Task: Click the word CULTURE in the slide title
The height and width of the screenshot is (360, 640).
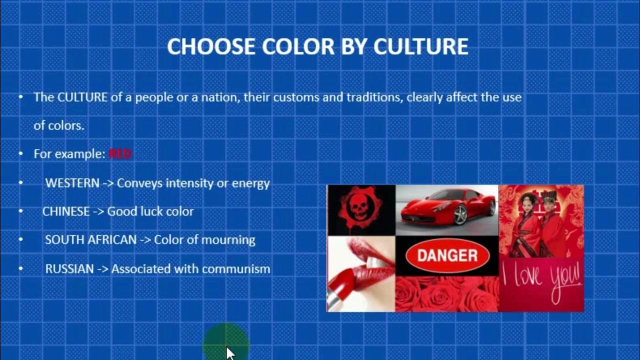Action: (421, 46)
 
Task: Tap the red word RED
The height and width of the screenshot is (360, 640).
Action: (120, 154)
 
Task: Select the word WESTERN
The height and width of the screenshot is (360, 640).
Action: (72, 183)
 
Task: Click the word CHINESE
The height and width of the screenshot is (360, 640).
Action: (65, 211)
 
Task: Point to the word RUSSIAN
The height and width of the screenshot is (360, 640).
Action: (69, 269)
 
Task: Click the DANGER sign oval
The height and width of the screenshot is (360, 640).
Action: (447, 255)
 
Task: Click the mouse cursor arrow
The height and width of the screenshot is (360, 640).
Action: (229, 352)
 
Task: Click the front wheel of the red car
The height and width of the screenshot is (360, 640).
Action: (461, 215)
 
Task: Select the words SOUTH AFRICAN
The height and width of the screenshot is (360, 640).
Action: (90, 240)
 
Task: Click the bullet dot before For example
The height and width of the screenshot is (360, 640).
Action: (20, 154)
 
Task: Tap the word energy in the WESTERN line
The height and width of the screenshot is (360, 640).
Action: (250, 183)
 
